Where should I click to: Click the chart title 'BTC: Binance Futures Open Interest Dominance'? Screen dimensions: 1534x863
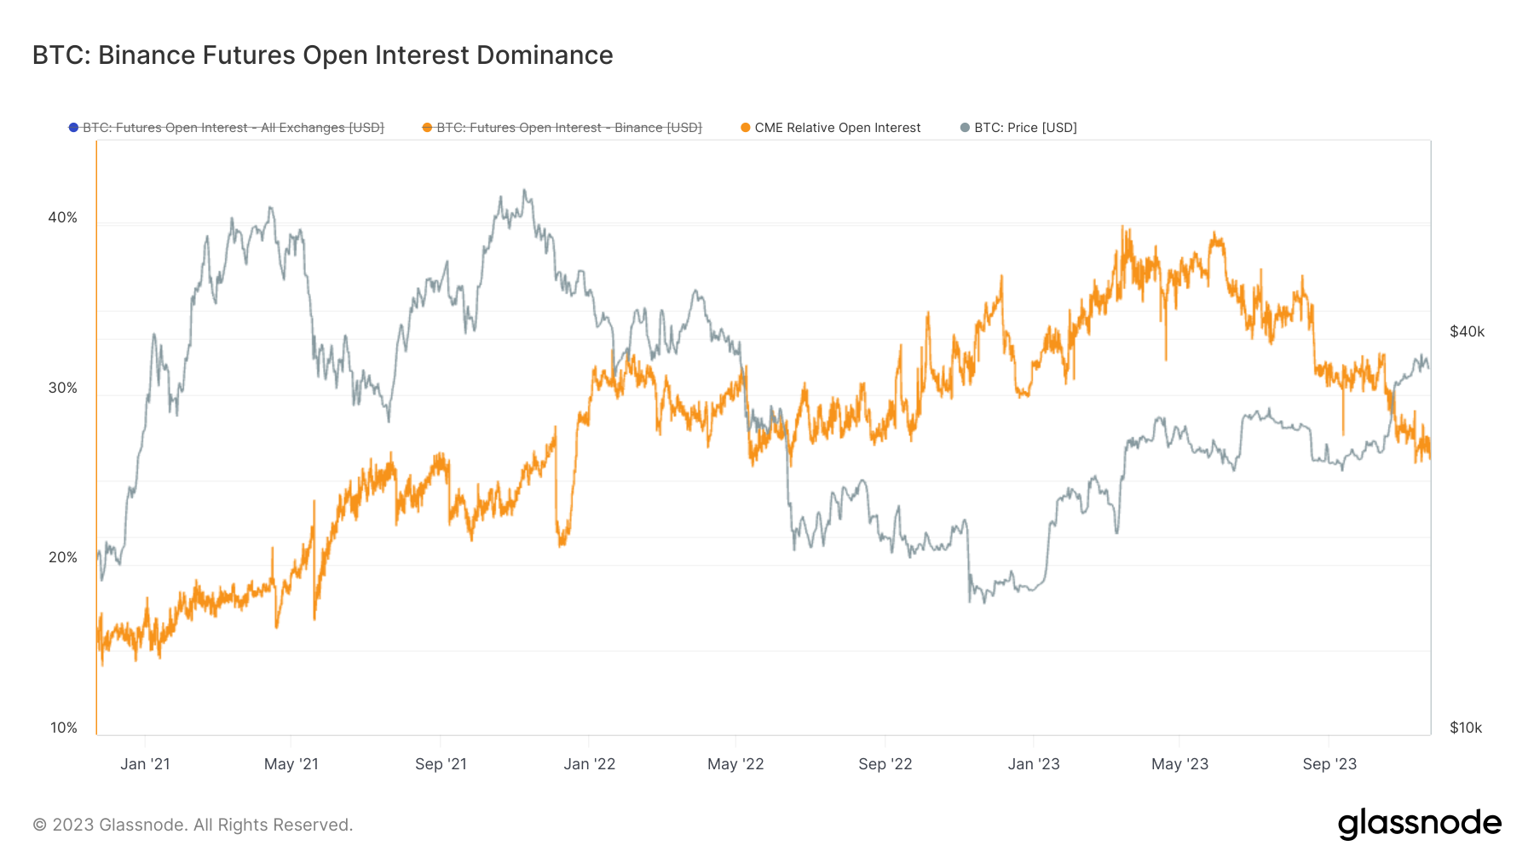322,55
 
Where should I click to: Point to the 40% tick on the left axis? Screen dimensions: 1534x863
63,217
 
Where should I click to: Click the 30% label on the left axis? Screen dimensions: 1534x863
63,388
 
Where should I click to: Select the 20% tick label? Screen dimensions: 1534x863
63,557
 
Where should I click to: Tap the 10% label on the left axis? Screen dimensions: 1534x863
64,728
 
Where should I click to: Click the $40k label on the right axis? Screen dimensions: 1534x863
1467,331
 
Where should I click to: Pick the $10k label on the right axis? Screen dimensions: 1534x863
1466,728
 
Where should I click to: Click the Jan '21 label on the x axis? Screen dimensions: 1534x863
145,764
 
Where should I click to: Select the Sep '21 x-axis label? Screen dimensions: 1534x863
441,764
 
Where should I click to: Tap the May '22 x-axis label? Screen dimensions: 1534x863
735,764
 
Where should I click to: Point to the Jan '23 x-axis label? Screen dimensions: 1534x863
1034,764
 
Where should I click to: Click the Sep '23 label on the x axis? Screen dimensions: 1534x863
1329,764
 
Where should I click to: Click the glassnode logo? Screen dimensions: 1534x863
1420,824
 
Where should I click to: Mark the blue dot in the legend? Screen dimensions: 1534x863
74,128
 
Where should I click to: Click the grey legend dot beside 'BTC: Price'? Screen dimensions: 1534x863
965,128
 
